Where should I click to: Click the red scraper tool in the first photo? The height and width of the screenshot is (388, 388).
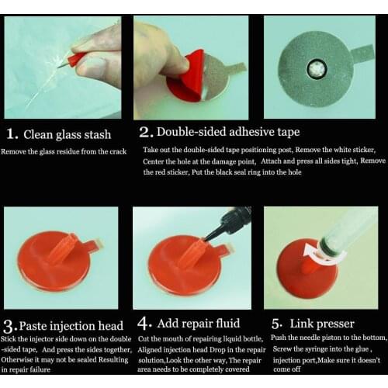pyautogui.click(x=75, y=58)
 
